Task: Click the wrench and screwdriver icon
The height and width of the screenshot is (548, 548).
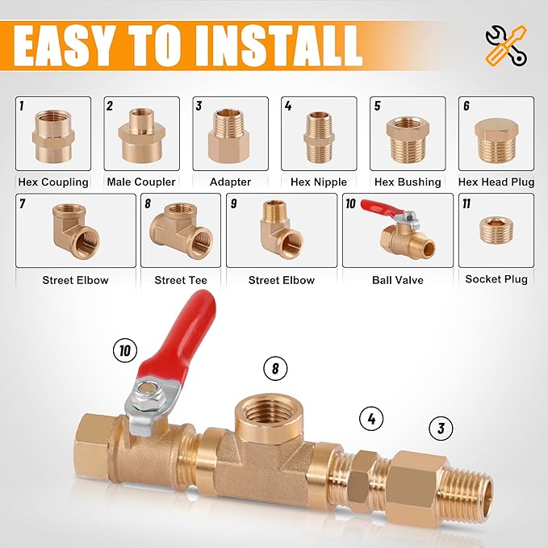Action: (505, 44)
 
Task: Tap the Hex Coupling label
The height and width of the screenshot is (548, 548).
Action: (53, 182)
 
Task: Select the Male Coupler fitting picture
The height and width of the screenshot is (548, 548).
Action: (142, 136)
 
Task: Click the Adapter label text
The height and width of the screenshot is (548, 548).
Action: (231, 182)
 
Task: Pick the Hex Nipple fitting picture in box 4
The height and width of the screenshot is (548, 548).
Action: (319, 136)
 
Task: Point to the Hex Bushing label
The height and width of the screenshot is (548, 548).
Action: (408, 182)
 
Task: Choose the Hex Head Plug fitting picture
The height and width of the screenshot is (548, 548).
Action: (496, 138)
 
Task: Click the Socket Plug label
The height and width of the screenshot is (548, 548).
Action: (496, 279)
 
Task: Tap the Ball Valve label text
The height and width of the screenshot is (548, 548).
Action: (397, 280)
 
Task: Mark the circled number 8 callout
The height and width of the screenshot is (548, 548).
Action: (275, 369)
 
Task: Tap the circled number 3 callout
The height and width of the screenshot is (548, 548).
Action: (441, 428)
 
